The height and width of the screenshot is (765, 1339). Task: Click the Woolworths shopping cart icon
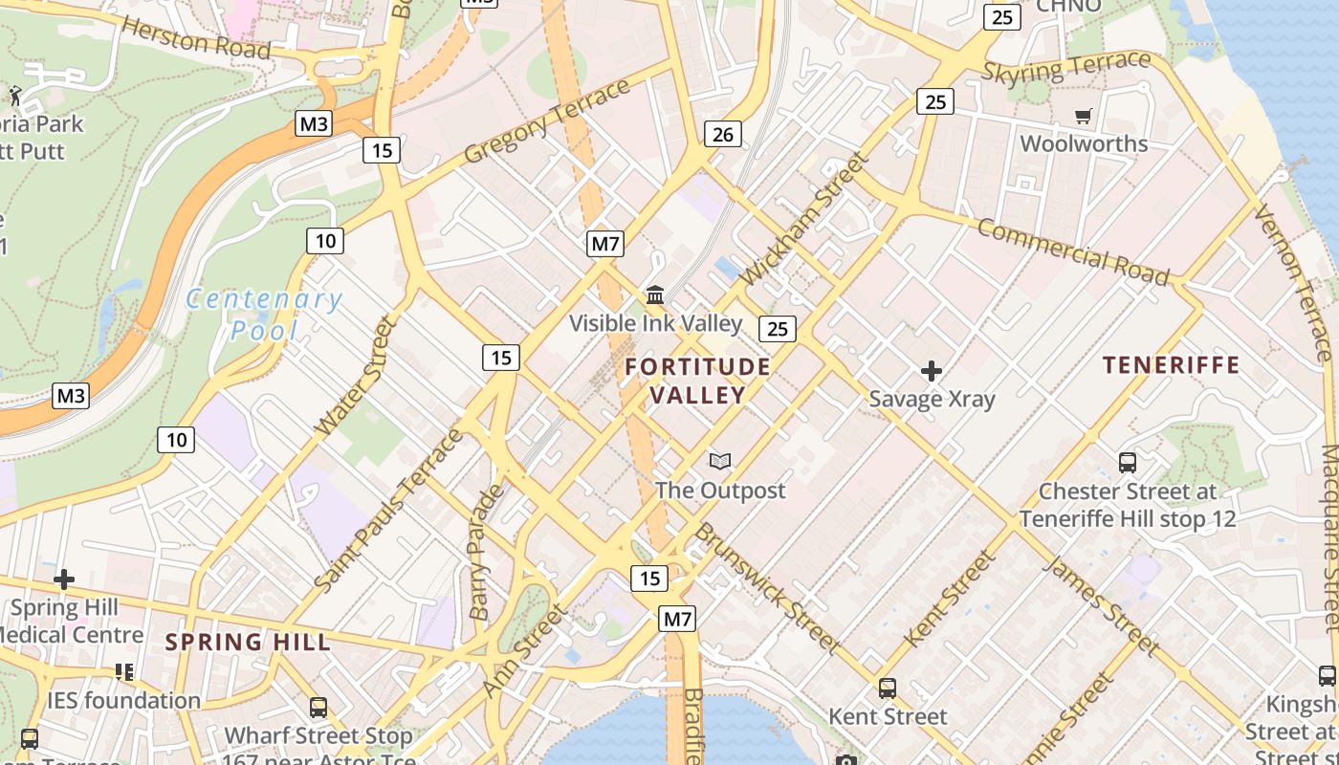point(1083,117)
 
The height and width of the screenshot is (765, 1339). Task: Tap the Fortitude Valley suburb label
point(698,381)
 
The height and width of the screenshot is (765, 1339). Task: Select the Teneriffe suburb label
point(1171,364)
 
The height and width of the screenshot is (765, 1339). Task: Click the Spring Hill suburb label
point(248,642)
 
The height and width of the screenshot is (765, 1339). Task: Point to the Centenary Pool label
point(263,315)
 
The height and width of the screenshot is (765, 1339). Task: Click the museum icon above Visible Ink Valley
point(655,295)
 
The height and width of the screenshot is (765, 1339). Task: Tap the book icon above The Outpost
point(720,462)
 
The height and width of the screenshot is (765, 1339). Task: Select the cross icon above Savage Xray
point(931,370)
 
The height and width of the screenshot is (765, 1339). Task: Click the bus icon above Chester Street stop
point(1128,463)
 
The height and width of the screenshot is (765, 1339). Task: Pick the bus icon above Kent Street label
point(888,688)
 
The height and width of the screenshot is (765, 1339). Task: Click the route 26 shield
point(723,134)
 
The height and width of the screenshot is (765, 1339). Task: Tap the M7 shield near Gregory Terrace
point(605,244)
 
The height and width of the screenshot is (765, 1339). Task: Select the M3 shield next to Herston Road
point(314,123)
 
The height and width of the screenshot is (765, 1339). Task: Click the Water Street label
point(356,376)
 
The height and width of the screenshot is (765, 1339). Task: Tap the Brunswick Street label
point(766,588)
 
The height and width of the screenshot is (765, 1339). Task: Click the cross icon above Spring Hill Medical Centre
point(64,579)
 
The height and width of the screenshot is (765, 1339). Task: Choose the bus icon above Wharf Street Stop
point(318,708)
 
